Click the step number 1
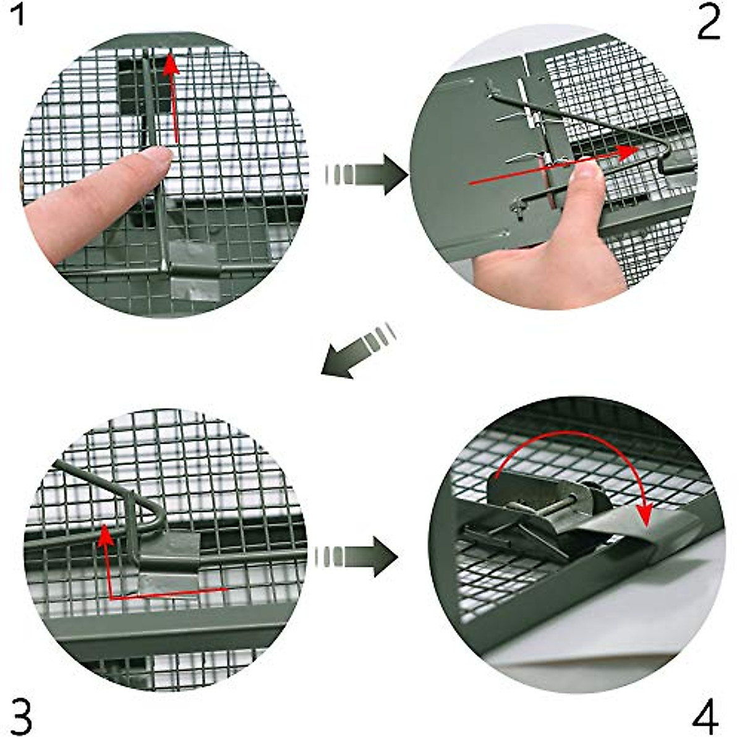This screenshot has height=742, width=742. pos(19,14)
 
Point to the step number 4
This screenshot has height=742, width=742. pos(705,719)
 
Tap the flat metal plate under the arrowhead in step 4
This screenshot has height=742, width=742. pos(643,538)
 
